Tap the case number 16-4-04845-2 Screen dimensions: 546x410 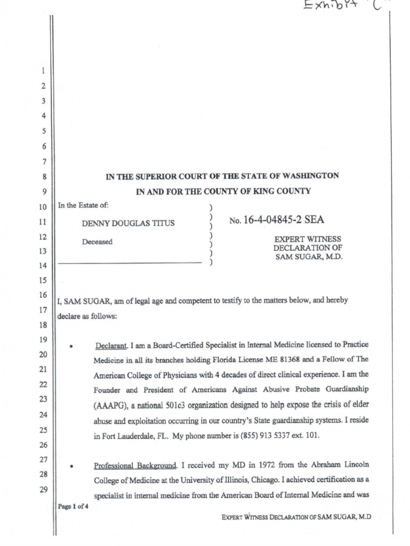click(x=272, y=220)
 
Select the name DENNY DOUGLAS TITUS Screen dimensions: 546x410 click(x=128, y=223)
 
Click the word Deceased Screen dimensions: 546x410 click(x=97, y=242)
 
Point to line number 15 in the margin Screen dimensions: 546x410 click(x=44, y=280)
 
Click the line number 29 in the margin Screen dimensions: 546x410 click(x=44, y=489)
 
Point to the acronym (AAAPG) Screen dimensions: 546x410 click(x=109, y=405)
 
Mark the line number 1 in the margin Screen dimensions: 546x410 click(x=44, y=71)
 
